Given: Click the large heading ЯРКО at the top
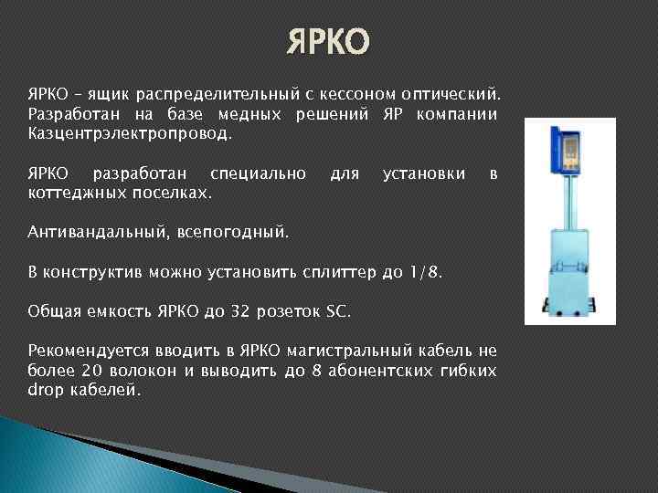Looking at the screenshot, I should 328,42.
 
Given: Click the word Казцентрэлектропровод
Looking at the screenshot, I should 130,133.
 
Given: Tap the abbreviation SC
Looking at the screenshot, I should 337,311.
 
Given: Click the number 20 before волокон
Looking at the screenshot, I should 89,370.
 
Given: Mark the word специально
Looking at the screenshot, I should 258,173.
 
